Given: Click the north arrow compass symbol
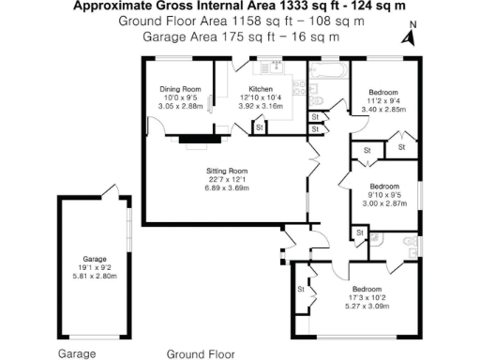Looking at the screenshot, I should tap(407, 37).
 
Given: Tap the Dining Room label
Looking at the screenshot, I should tap(180, 89).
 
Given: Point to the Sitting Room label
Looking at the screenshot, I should tap(226, 171).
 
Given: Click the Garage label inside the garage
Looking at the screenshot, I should tap(93, 258).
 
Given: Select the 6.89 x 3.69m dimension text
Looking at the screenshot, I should tap(226, 188).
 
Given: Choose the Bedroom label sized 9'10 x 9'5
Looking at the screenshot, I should tap(385, 186).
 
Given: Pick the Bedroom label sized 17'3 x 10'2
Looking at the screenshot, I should tap(367, 289).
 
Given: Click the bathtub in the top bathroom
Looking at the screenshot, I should tap(329, 70).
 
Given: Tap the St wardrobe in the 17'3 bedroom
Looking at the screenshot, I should tap(301, 290).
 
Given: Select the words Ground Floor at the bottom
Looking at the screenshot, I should tap(201, 353).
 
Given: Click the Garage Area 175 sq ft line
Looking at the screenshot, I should tap(240, 37).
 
